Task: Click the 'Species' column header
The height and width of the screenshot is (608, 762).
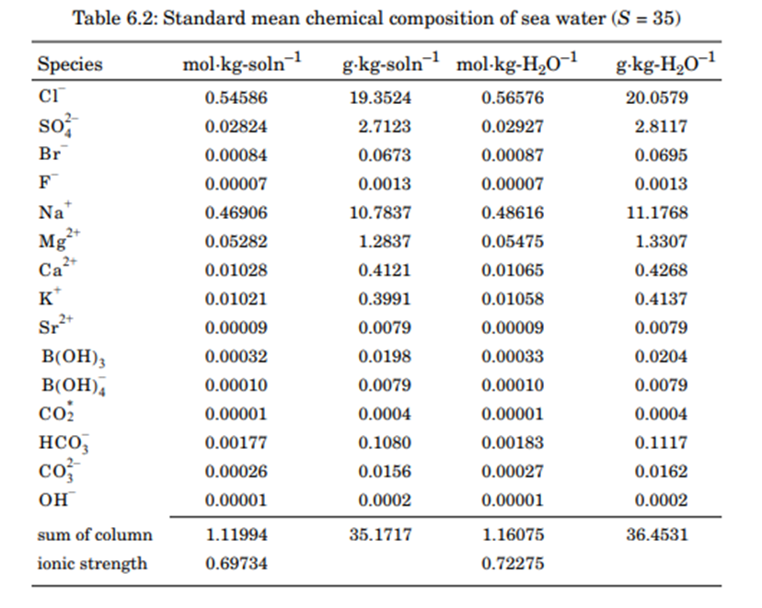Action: click(70, 64)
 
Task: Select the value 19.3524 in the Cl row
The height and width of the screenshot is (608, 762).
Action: click(380, 98)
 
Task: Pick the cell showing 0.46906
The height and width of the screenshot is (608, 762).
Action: click(237, 212)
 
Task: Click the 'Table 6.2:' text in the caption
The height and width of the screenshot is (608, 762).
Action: click(113, 18)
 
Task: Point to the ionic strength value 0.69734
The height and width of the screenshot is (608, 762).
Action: click(237, 564)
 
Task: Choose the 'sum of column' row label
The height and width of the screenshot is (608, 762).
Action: click(95, 534)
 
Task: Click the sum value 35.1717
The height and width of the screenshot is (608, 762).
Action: click(380, 534)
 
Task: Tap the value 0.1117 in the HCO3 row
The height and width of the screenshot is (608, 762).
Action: click(661, 443)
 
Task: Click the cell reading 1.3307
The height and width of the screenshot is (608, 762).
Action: click(661, 242)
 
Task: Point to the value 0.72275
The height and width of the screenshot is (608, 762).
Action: click(513, 564)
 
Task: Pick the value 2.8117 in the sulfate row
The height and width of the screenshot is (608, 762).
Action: click(661, 127)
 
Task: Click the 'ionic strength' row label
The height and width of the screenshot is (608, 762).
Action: click(91, 564)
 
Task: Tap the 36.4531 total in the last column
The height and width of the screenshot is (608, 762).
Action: click(656, 534)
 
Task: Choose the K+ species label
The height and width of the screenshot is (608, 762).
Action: click(50, 299)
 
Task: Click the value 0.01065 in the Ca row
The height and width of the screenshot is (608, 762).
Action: click(513, 270)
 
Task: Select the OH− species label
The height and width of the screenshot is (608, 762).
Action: click(54, 500)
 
